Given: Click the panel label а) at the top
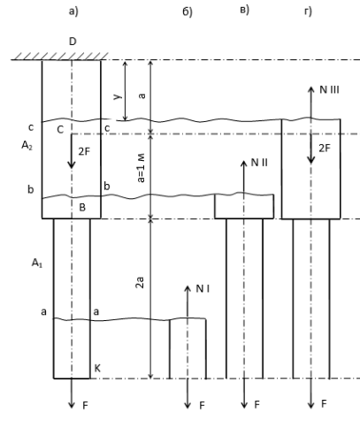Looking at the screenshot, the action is (73, 11).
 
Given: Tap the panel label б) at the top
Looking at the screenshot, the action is (188, 11).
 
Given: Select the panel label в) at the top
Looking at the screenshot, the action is (244, 10).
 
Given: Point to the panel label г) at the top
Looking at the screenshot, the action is (308, 11).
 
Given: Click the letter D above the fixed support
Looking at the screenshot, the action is (73, 42).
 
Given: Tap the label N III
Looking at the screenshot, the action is (329, 89).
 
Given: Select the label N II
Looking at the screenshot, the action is (259, 163).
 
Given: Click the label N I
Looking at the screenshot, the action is (203, 289).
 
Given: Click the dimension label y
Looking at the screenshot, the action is (118, 96).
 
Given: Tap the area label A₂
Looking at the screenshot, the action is (27, 145).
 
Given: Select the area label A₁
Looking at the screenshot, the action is (37, 263).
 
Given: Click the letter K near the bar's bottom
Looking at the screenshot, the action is (97, 368).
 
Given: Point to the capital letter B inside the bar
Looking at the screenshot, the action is (82, 208).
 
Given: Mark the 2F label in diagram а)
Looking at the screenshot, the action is (84, 151).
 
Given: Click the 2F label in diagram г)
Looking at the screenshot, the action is (325, 149).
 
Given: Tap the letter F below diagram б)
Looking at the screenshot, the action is (202, 406).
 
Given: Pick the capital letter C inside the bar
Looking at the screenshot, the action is (60, 129).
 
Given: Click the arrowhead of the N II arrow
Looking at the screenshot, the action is (244, 164).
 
